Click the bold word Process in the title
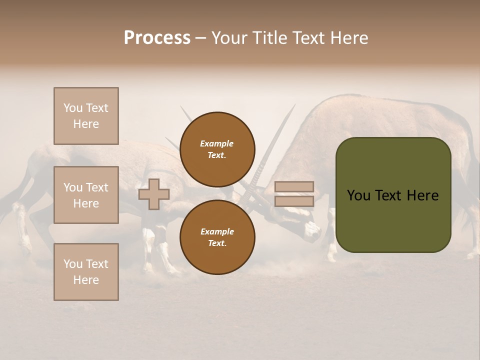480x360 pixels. [157, 38]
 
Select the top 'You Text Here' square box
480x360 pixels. [86, 116]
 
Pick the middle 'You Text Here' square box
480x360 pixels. [86, 195]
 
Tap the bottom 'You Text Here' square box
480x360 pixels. [86, 272]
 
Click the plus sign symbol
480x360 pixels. [154, 194]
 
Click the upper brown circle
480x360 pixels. [217, 149]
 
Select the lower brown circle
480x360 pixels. [217, 237]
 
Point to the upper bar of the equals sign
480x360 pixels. [294, 187]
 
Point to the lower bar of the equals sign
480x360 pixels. [294, 201]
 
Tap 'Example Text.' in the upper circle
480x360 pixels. [217, 149]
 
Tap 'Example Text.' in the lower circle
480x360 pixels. [217, 237]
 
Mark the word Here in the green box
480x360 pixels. [422, 195]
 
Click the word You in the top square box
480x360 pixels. [72, 108]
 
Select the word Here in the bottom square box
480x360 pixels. [86, 280]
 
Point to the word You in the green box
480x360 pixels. [358, 195]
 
